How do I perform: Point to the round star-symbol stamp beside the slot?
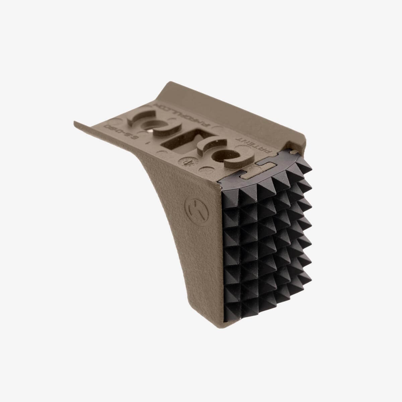(185, 162)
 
